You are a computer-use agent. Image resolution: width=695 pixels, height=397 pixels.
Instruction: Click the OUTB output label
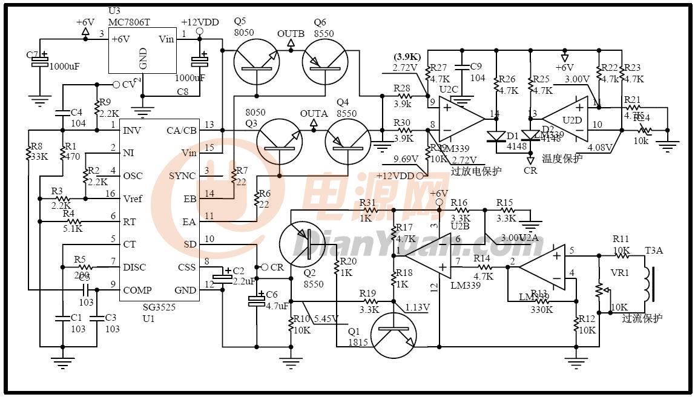(291, 33)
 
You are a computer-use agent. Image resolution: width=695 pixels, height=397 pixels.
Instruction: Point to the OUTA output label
(314, 114)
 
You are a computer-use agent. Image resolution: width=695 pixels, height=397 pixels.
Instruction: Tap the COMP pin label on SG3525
(137, 290)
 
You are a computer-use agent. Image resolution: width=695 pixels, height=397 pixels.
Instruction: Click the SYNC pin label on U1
(181, 176)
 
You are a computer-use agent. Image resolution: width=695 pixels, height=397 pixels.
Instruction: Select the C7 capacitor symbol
(41, 61)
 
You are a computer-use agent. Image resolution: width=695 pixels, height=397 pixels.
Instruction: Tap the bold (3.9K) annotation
(407, 57)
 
